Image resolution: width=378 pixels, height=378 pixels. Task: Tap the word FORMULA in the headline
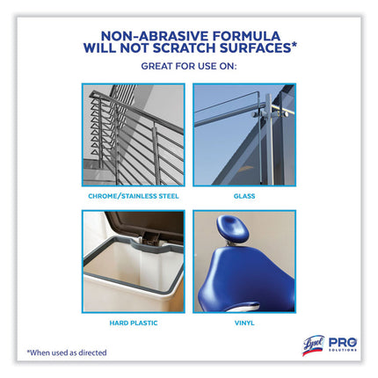pyautogui.click(x=246, y=36)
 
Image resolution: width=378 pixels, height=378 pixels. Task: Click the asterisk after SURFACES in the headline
pyautogui.click(x=294, y=46)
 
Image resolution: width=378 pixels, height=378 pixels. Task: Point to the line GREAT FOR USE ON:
pyautogui.click(x=189, y=66)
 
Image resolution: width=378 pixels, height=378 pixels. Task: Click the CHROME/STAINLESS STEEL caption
pyautogui.click(x=134, y=196)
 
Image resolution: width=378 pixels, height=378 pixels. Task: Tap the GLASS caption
pyautogui.click(x=244, y=196)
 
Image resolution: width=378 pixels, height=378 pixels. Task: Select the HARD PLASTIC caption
pyautogui.click(x=134, y=323)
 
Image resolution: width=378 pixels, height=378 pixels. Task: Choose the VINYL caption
pyautogui.click(x=244, y=323)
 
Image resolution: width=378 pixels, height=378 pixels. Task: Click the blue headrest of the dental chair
pyautogui.click(x=233, y=229)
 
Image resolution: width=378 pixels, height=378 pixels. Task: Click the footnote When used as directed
pyautogui.click(x=67, y=353)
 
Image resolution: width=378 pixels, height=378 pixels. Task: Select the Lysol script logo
pyautogui.click(x=313, y=345)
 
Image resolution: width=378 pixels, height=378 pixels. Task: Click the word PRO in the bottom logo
pyautogui.click(x=343, y=342)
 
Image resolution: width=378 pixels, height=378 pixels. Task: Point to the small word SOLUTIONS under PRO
pyautogui.click(x=343, y=350)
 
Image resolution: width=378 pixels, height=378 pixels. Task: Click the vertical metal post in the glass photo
pyautogui.click(x=269, y=139)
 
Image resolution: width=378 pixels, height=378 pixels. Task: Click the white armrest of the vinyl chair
pyautogui.click(x=244, y=308)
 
